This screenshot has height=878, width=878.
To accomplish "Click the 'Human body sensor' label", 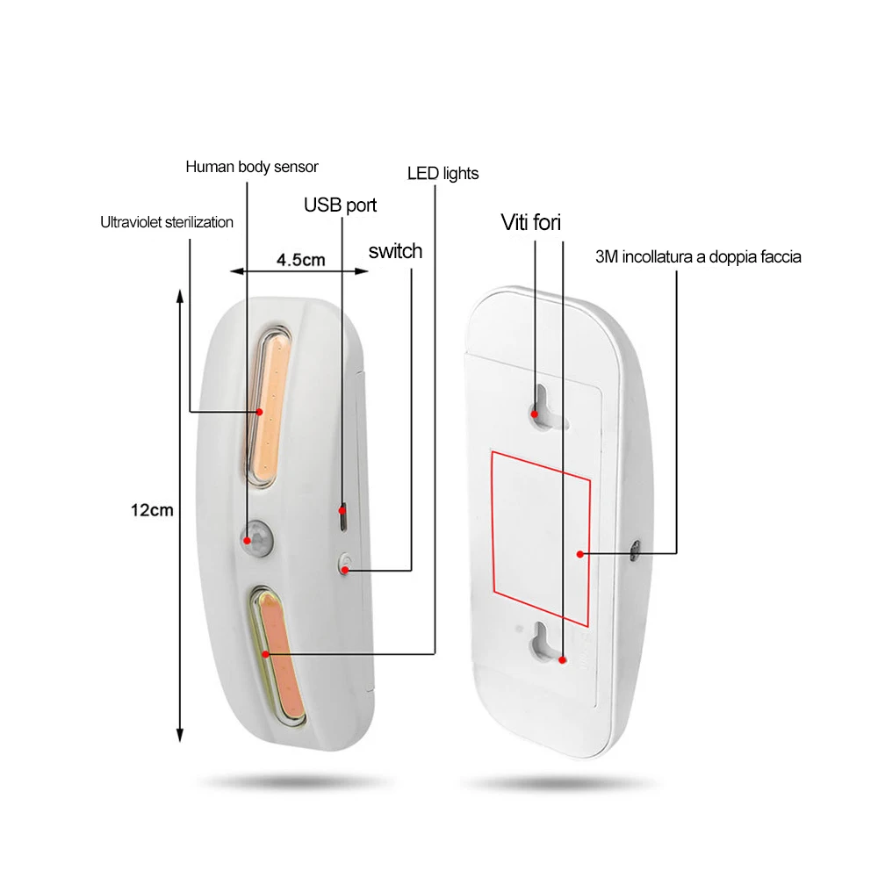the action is tap(252, 167).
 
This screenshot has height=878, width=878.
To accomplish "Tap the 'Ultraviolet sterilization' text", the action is tap(167, 222).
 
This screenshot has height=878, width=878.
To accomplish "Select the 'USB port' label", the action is tap(340, 205).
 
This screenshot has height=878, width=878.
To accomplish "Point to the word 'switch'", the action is tap(395, 251).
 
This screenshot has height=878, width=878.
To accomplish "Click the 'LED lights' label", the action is tap(443, 174).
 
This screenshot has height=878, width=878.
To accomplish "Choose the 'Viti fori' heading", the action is tap(531, 222).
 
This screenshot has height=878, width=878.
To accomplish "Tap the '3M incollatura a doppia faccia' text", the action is tap(698, 257).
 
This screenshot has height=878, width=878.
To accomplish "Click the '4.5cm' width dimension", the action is tap(300, 260).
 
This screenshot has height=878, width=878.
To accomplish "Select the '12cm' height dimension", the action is tap(152, 510).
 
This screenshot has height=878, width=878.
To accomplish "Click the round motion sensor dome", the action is tap(257, 537).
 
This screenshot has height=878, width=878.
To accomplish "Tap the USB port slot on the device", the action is tap(343, 517).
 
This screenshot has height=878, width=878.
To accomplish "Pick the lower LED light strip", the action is tap(278, 658).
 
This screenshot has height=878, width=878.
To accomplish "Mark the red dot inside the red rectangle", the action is tap(580, 554).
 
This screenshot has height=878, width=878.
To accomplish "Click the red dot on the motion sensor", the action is tap(247, 540).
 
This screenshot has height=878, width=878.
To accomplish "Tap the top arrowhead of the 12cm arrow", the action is tap(180, 294).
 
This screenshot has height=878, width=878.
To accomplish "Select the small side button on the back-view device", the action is tap(635, 551).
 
